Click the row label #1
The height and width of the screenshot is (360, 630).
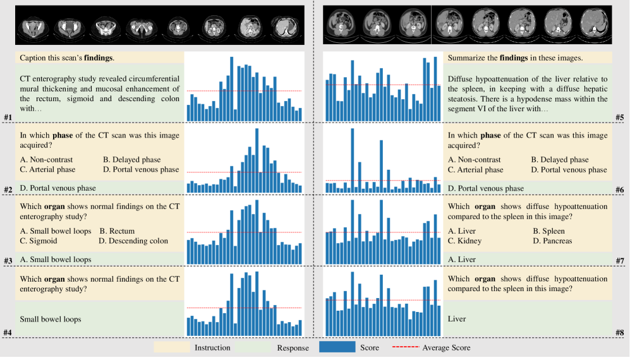(x=8, y=117)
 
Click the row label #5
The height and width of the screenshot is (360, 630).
(x=620, y=117)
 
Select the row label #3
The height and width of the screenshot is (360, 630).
(x=8, y=260)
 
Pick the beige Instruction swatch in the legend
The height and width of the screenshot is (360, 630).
(x=172, y=347)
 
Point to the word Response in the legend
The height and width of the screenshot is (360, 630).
(x=293, y=348)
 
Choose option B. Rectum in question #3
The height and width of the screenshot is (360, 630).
(x=117, y=231)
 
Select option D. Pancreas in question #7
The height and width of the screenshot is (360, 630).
(x=552, y=241)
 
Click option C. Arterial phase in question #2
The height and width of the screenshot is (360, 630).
(x=47, y=169)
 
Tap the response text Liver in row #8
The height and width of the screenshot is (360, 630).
(x=456, y=319)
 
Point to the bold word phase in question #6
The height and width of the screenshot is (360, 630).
(x=490, y=135)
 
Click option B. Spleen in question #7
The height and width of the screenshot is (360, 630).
(x=548, y=231)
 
